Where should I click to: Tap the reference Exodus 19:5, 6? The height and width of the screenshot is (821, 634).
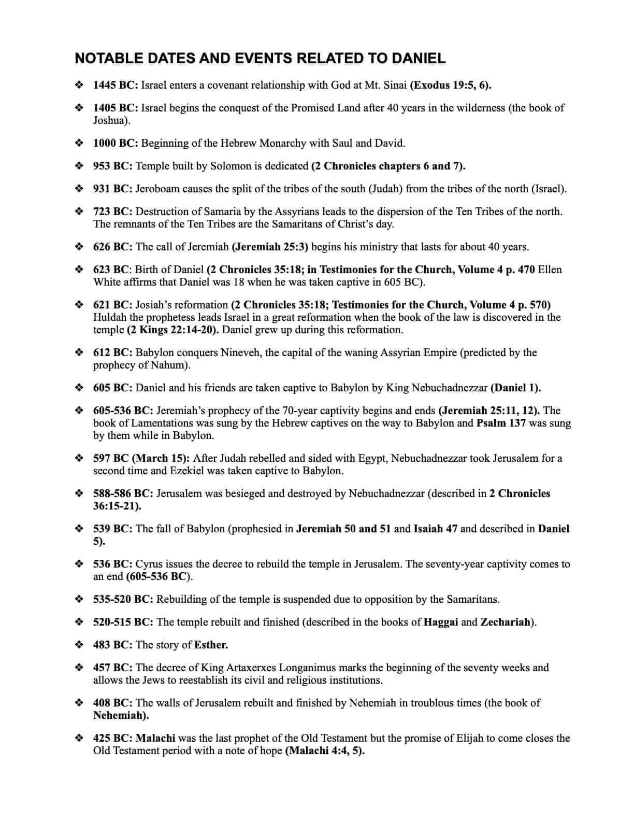(x=450, y=85)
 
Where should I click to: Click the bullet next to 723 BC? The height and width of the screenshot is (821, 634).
(x=79, y=211)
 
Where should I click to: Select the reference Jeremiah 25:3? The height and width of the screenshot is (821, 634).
(x=269, y=247)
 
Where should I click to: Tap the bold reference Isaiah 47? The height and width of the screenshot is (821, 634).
(x=435, y=529)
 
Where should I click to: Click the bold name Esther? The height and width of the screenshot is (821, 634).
(x=211, y=645)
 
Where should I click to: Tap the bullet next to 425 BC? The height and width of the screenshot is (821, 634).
(x=79, y=738)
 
